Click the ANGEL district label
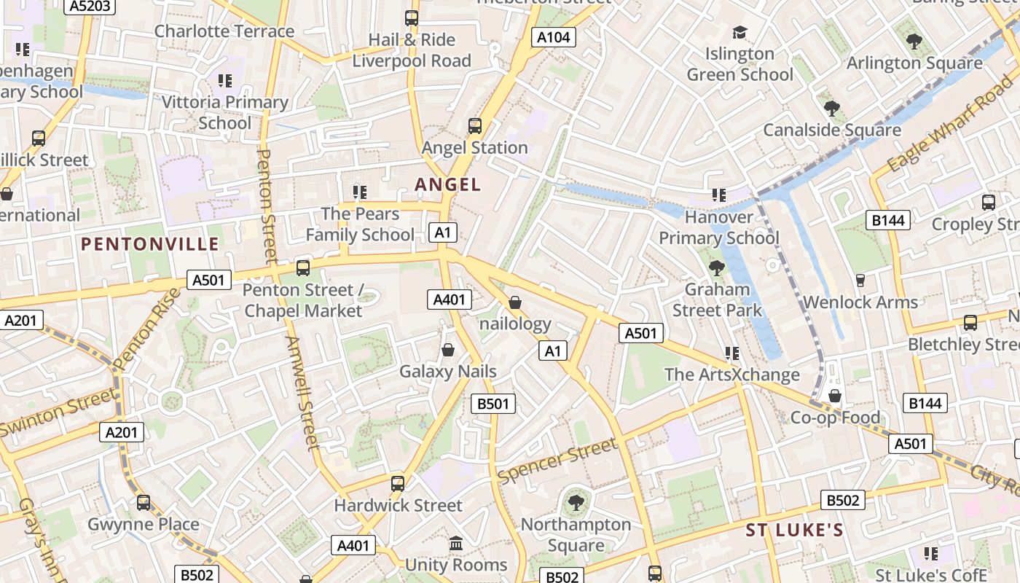click(x=448, y=184)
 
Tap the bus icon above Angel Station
click(x=475, y=126)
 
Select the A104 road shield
click(x=554, y=37)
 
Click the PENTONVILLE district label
click(x=150, y=244)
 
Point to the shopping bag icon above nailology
click(x=515, y=302)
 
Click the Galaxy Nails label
click(x=448, y=372)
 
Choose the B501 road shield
click(x=493, y=404)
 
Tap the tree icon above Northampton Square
click(x=576, y=502)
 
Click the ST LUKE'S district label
click(x=794, y=530)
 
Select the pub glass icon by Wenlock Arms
click(x=860, y=281)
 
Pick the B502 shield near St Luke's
click(x=844, y=500)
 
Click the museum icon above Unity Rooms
click(x=456, y=543)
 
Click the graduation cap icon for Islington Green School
click(x=739, y=33)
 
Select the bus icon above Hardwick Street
click(x=398, y=483)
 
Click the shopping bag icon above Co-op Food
click(x=835, y=396)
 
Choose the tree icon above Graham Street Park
click(x=716, y=267)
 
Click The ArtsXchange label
click(x=732, y=375)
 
